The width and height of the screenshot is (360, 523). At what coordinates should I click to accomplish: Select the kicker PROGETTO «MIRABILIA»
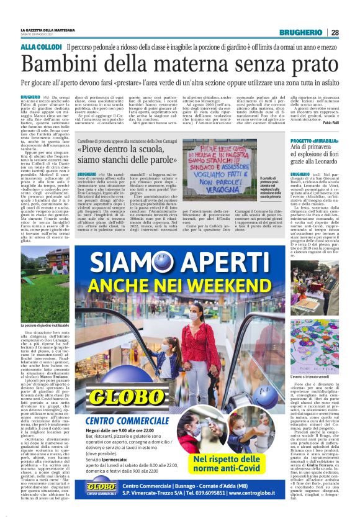pos(315,140)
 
